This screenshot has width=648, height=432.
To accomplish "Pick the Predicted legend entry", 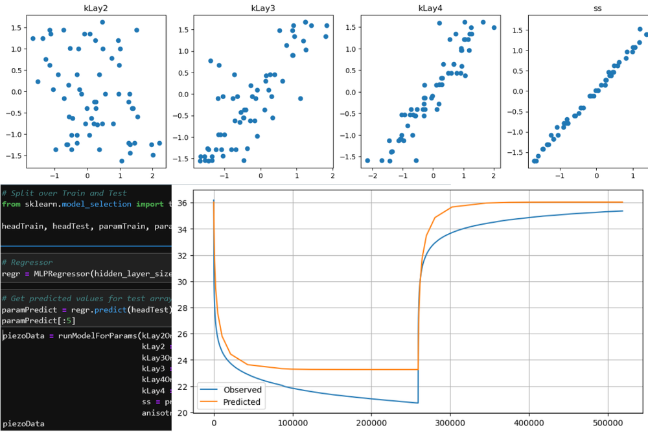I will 242,402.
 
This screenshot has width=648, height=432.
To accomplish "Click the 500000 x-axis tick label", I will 607,422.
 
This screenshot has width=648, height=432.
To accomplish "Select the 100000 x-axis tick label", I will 292,422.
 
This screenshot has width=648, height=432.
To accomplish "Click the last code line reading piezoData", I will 23,424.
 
